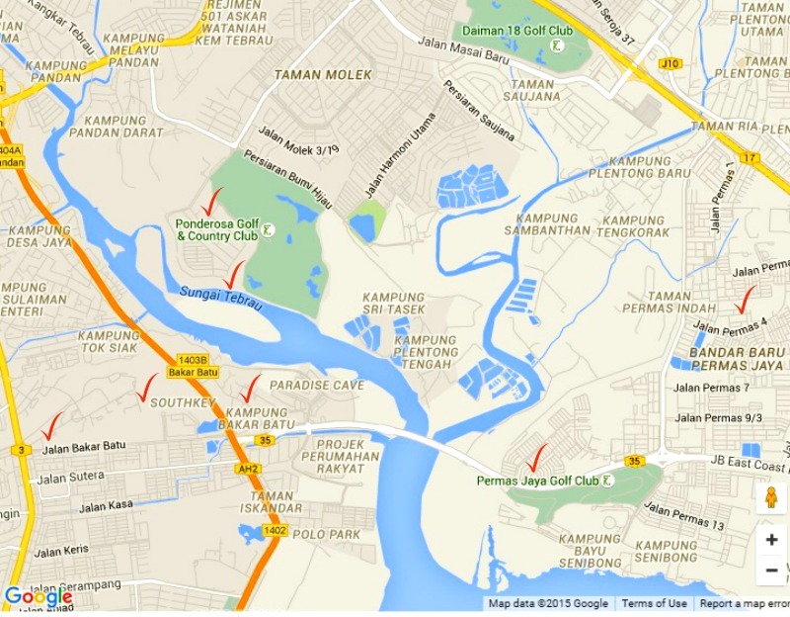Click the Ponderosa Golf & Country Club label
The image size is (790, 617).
coord(216,229)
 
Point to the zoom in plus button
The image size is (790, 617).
coord(771,540)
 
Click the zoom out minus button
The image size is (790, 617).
coord(771,571)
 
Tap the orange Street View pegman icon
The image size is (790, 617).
coord(771,497)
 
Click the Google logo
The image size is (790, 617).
coord(38,597)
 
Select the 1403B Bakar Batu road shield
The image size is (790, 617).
coord(193,366)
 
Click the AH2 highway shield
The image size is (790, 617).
coord(248,469)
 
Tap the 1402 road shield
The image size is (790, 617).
coord(275,532)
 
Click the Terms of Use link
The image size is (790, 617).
coord(654,603)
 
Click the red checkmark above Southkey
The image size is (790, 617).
coord(147,387)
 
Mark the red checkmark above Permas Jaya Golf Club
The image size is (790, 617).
coord(537,457)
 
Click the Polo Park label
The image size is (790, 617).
coord(327,534)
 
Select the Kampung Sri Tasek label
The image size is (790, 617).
coord(393,304)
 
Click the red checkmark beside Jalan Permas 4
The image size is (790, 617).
coord(747,299)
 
